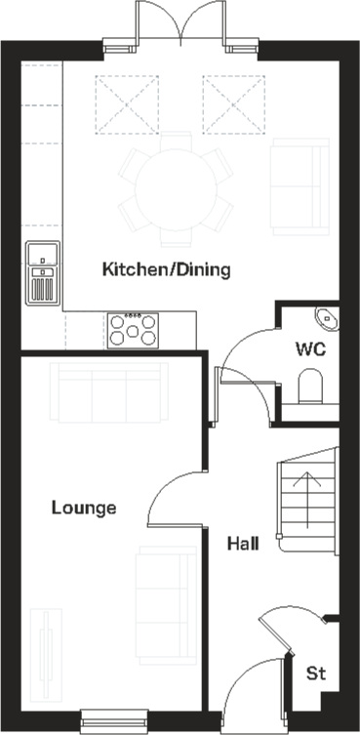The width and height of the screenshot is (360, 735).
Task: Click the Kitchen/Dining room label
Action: tap(167, 269)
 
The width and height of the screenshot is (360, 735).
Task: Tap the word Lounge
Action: tap(84, 508)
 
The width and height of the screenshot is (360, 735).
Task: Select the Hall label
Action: tap(243, 543)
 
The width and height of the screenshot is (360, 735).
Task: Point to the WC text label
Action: tap(310, 348)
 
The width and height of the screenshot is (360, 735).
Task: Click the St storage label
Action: tap(315, 673)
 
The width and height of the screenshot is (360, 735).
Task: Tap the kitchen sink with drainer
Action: tap(43, 272)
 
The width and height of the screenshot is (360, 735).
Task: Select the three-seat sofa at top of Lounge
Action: tap(108, 391)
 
